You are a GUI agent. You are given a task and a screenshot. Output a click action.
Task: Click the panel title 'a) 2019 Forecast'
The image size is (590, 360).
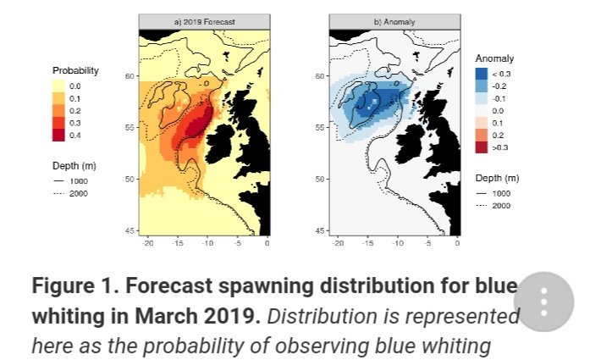[x=205, y=20]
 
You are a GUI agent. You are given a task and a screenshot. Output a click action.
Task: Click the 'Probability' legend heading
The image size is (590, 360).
[x=75, y=70]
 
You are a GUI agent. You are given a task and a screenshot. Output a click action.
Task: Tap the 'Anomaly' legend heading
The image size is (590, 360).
[x=494, y=58]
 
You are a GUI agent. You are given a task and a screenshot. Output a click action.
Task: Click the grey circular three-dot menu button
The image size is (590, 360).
[x=544, y=302]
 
